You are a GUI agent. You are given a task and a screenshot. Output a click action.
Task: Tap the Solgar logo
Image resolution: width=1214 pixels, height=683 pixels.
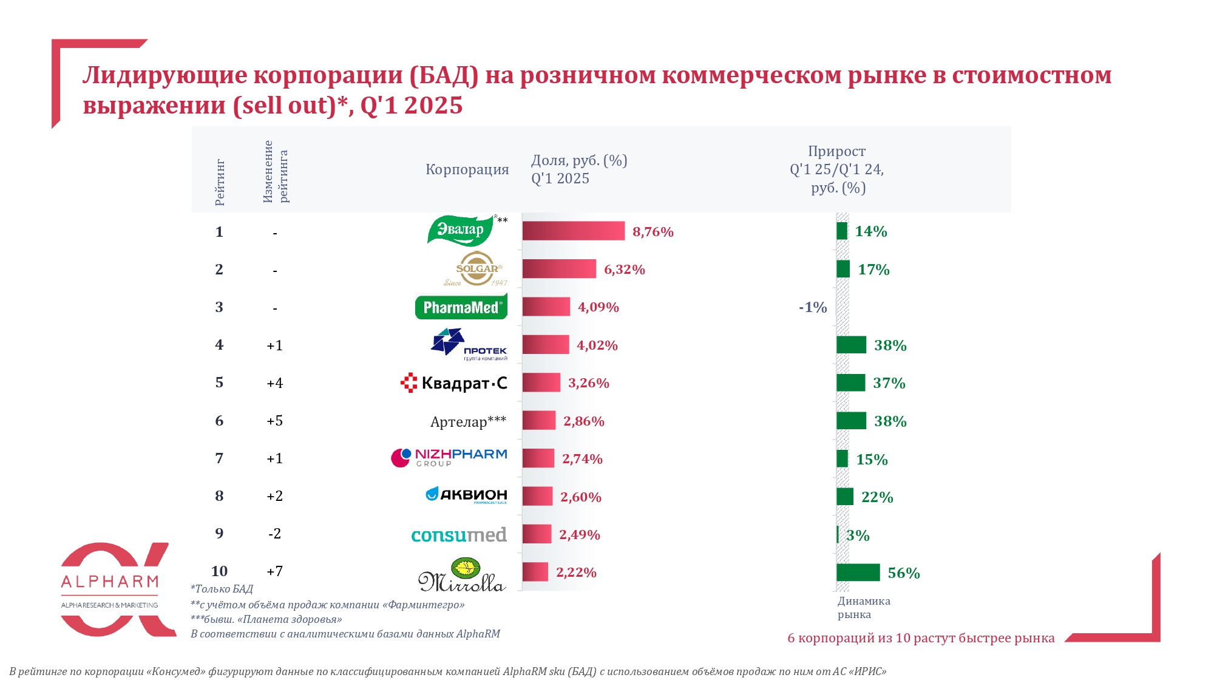pos(477,268)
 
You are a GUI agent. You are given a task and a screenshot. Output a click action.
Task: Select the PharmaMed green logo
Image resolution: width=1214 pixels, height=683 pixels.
pos(461,307)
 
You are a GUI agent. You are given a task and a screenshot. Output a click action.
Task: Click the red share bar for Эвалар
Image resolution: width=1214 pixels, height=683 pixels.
pos(573,231)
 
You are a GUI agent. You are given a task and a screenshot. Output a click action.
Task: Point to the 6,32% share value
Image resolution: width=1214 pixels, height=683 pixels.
pos(625,270)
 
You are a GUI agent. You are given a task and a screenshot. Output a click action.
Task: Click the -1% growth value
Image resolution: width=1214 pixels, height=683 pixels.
pos(813,307)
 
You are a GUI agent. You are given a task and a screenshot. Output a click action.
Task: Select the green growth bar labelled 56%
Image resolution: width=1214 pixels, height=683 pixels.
pos(858,573)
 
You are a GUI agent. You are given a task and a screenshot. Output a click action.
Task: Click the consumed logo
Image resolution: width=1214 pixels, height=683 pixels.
pos(459,535)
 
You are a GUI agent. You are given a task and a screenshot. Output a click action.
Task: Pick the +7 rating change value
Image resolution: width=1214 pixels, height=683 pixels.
pos(274,571)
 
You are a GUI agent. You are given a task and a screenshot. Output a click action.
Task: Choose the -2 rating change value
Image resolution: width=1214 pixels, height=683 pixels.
pos(274,534)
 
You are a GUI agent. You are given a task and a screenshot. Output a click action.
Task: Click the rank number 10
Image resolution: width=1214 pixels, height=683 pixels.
pos(219,571)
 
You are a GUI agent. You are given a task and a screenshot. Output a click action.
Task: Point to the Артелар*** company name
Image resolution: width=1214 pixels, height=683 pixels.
pos(468,421)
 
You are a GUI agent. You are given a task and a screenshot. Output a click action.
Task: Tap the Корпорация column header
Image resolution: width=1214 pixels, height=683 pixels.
pos(467,169)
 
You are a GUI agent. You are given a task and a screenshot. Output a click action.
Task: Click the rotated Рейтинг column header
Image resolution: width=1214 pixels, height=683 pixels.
pos(220,183)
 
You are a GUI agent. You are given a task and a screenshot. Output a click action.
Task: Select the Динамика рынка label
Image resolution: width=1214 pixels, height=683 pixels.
pos(863,607)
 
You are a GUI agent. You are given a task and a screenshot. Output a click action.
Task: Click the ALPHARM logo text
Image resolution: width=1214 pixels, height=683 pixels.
pos(110,582)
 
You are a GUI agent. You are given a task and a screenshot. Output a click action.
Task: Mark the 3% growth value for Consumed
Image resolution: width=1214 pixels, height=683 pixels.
pos(858,535)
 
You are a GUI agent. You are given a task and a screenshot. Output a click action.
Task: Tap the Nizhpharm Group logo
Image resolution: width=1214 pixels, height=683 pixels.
pos(449,458)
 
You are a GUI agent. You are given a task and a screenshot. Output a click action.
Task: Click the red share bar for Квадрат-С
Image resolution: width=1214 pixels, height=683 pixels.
pos(541,382)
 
